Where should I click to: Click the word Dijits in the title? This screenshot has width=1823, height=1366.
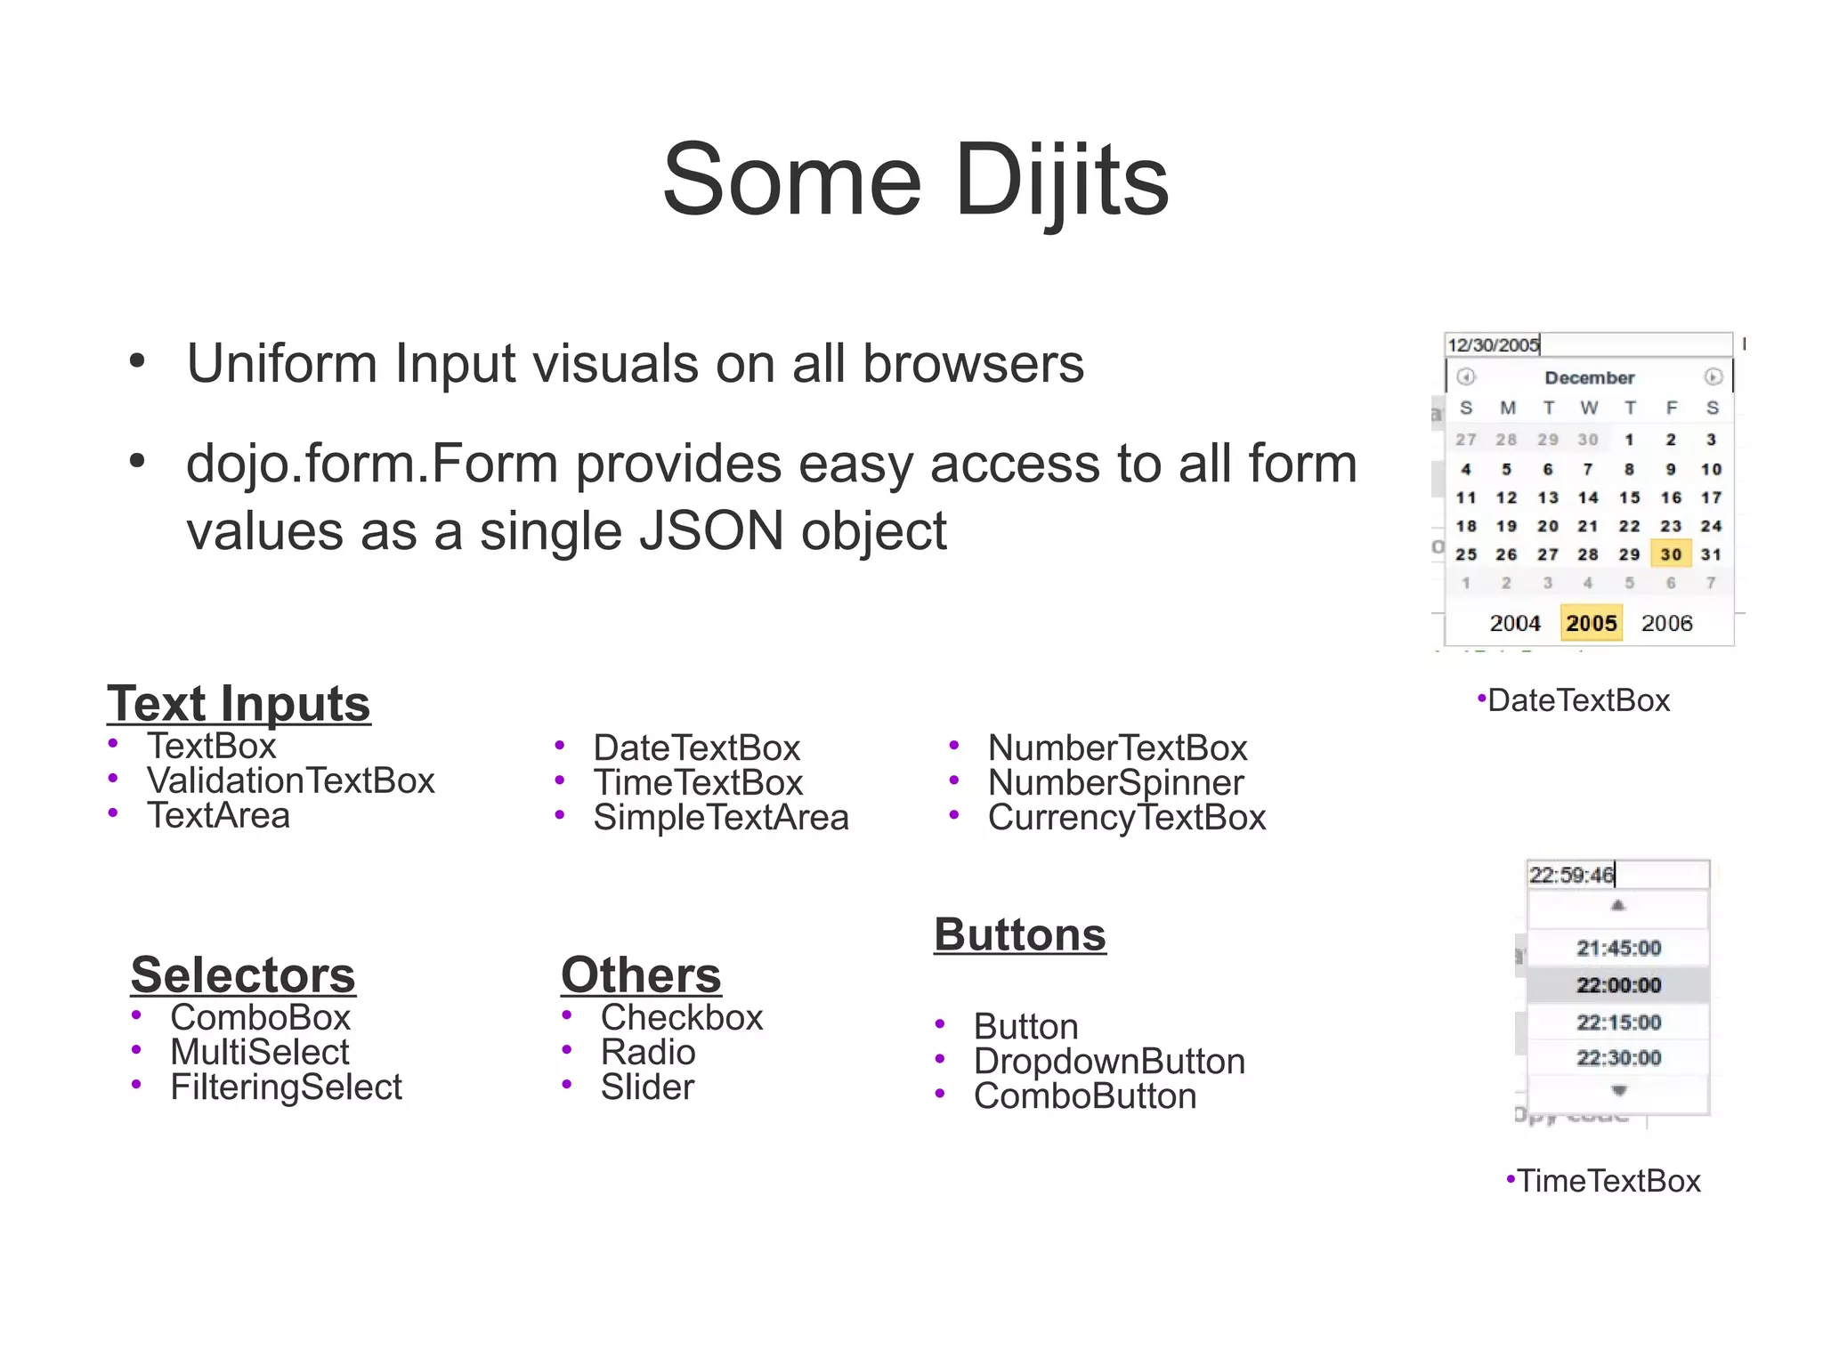1061,181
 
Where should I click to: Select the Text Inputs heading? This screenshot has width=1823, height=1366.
239,704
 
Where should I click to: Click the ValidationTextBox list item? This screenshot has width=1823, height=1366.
290,780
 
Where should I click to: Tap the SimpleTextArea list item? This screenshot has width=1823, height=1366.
720,817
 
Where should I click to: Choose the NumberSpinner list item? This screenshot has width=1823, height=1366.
1115,782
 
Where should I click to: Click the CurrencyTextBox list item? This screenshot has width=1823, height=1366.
1126,817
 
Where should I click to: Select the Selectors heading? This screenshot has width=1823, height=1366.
242,974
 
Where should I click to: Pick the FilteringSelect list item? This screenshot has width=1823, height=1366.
286,1087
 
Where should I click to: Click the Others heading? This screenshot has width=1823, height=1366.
641,974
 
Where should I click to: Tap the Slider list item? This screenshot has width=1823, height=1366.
647,1087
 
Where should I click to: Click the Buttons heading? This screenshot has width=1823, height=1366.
1019,934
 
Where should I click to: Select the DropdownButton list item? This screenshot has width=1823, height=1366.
1108,1061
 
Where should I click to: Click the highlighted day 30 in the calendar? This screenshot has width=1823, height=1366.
1671,554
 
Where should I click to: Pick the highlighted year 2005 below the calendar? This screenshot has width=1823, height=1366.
1591,623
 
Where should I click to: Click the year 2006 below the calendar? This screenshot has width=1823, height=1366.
1666,623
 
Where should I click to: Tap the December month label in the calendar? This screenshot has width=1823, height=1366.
1589,377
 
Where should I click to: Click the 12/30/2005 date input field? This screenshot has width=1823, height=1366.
1587,344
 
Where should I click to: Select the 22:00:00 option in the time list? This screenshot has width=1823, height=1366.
1618,985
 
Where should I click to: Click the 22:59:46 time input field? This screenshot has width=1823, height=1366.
1617,875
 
